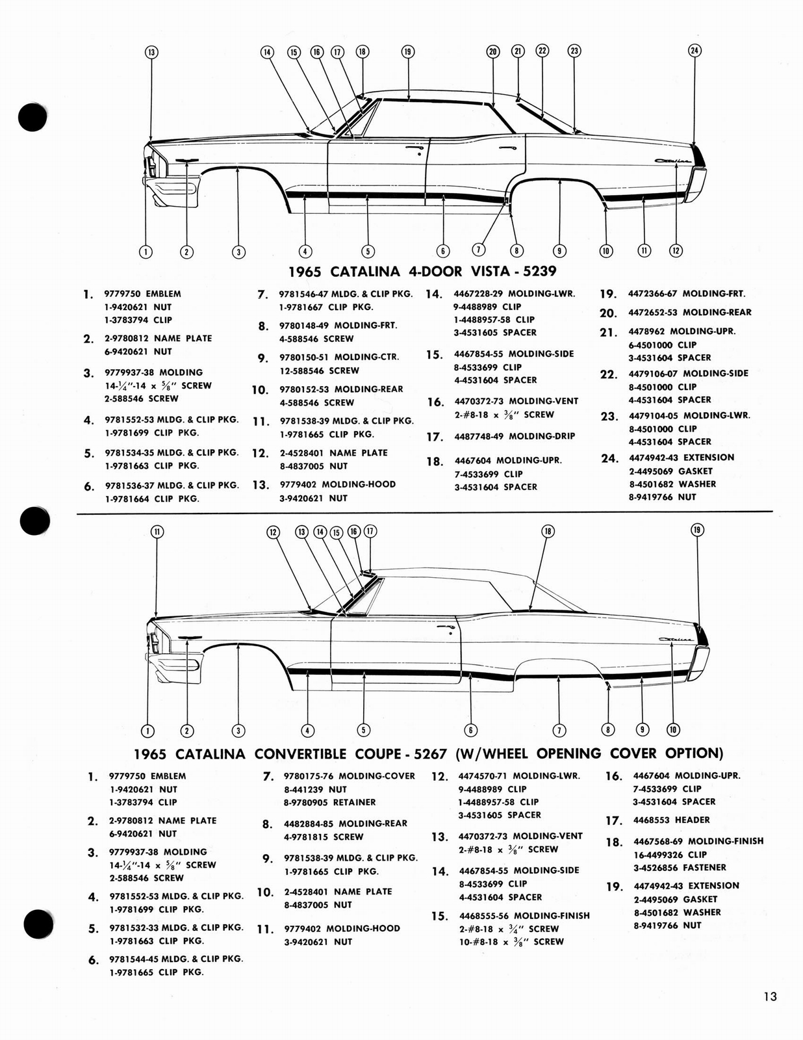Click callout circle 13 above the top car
151,52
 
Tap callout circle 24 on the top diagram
695,51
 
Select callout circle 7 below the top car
478,250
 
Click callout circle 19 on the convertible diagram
697,530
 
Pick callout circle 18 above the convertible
548,531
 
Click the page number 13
770,996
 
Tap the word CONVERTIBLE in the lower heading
304,754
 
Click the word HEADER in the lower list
693,820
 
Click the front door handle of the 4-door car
411,150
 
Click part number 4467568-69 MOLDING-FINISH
698,841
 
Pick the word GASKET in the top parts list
695,471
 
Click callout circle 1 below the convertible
147,730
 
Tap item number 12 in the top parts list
260,453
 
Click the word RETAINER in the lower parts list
354,802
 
